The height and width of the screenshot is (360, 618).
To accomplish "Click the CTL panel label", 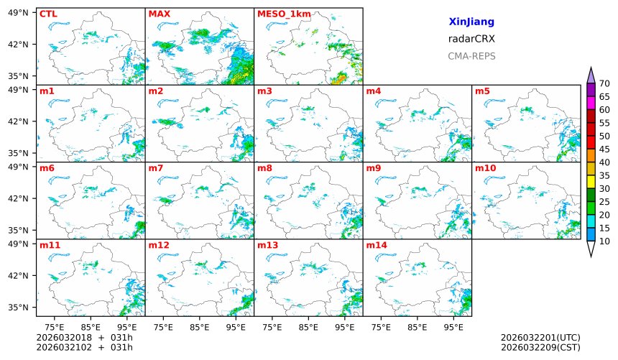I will [48, 14].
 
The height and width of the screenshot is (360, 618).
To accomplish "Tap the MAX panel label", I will [159, 14].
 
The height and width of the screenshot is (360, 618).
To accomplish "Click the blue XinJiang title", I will [471, 22].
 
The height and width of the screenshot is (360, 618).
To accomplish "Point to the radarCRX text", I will [471, 39].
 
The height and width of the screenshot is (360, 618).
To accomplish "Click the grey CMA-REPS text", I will [471, 56].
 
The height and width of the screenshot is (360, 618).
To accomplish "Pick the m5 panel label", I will [482, 91].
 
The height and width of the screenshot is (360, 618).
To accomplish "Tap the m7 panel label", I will [156, 168].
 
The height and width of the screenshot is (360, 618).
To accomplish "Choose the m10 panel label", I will [485, 168].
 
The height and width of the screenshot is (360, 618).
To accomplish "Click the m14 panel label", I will [377, 245].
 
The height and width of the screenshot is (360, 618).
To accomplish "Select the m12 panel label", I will [159, 245].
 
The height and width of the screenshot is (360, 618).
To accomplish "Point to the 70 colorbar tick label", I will [604, 84].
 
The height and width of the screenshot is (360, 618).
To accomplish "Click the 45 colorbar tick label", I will [604, 149].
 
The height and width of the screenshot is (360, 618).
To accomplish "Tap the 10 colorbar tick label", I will [604, 241].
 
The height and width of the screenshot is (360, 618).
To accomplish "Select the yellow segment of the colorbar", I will [591, 182].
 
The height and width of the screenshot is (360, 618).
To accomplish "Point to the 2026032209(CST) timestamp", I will [540, 348].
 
